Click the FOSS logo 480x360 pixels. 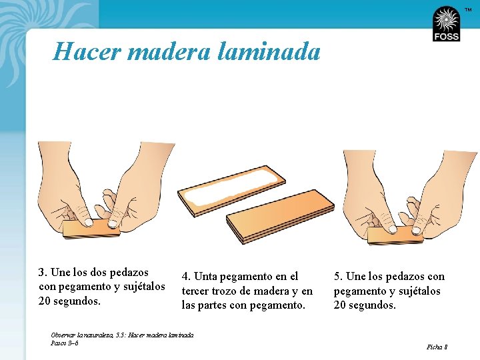(446, 24)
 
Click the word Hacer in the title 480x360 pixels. (87, 51)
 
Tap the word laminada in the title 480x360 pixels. (269, 51)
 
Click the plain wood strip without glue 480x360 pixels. (280, 216)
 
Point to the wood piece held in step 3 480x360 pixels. (92, 229)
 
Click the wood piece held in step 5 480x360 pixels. (395, 235)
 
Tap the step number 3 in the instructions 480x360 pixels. (42, 273)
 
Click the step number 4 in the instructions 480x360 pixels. (185, 277)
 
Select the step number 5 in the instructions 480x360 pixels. (337, 277)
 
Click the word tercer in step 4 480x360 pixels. (195, 291)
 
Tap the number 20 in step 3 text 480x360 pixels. (45, 301)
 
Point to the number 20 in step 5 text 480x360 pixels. (340, 305)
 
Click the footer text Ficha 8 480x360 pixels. (437, 347)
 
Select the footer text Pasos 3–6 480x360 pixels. (65, 343)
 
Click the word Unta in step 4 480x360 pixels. (205, 277)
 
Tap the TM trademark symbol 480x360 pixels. (469, 10)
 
